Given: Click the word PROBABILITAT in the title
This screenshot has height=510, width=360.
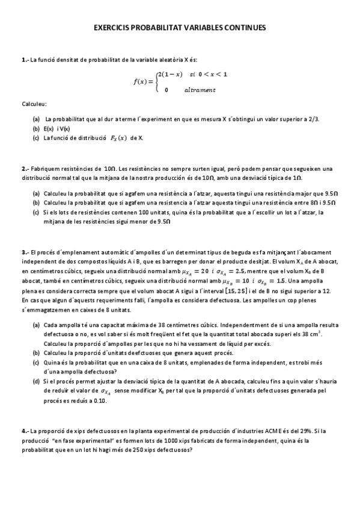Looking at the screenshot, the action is (x=155, y=28).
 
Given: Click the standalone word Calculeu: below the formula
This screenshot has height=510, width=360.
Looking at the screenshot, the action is (x=34, y=104).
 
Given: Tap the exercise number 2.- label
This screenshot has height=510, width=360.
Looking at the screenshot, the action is (x=25, y=169).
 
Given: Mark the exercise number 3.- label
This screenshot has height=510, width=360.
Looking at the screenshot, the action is (x=25, y=252).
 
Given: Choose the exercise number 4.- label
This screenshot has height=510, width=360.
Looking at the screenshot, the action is (x=25, y=431).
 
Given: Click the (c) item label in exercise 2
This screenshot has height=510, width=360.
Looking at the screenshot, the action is (x=36, y=212).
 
